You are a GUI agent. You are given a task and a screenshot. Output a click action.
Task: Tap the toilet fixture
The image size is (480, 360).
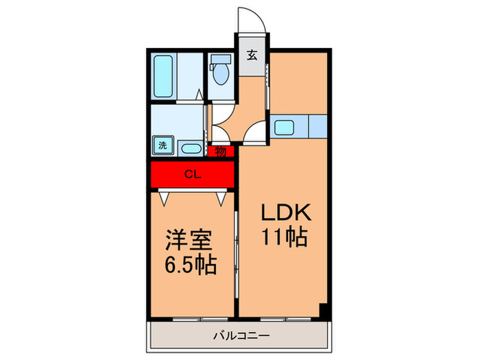coord(221,72)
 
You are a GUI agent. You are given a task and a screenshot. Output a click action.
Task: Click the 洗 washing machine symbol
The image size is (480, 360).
coord(163,145)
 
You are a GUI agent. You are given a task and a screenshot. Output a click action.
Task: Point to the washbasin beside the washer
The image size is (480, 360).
coord(190,147)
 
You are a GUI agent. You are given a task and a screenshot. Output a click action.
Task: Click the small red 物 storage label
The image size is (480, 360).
coord(221,152)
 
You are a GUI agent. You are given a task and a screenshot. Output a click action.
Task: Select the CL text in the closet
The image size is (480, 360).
coord(193,174)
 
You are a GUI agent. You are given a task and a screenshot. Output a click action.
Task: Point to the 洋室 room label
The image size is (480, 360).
coord(190,242)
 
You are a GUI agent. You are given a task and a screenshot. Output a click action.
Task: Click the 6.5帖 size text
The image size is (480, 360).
coord(190,265)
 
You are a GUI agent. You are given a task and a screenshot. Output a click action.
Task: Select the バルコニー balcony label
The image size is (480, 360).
coord(240,336)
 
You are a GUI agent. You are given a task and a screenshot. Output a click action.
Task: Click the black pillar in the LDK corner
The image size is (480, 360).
coord(325,309)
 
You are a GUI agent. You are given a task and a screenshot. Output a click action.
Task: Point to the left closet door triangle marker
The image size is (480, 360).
coord(164,199)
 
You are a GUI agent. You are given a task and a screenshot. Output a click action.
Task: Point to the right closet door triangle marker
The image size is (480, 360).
coord(221,199)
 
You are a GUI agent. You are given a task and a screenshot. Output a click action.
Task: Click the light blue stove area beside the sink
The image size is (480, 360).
coord(317,126)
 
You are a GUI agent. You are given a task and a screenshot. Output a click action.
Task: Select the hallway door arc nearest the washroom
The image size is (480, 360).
coord(220,132)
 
